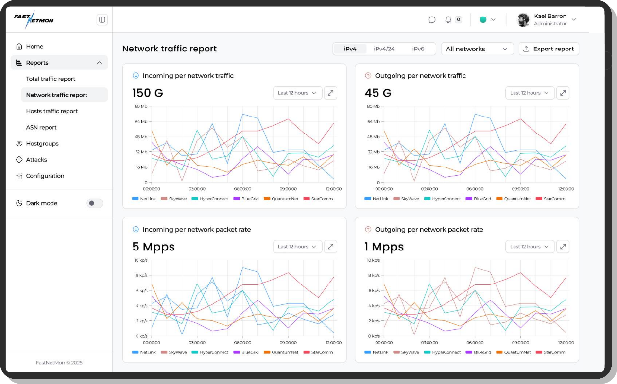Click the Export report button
click(x=548, y=49)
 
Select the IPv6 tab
click(x=418, y=49)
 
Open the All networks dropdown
click(x=477, y=49)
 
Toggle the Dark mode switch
click(x=94, y=203)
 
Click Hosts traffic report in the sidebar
click(x=52, y=111)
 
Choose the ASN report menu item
click(x=41, y=127)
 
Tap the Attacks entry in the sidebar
click(x=36, y=160)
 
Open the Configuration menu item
click(x=45, y=176)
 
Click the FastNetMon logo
click(x=34, y=19)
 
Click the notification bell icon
click(x=448, y=20)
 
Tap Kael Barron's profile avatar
click(x=523, y=20)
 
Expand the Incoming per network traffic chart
click(x=330, y=93)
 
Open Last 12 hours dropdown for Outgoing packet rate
click(x=530, y=247)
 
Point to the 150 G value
click(x=148, y=93)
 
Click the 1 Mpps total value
click(x=384, y=247)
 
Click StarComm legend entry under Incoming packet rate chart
click(x=318, y=352)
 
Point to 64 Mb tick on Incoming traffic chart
click(x=141, y=121)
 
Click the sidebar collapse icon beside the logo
click(x=102, y=20)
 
